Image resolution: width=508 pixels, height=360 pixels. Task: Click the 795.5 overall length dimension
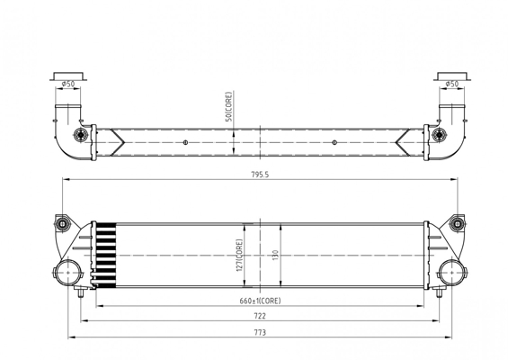point(260,175)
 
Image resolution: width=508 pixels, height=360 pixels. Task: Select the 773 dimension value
point(260,332)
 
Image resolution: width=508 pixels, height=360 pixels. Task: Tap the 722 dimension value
point(260,316)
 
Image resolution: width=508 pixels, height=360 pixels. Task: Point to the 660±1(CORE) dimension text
point(260,301)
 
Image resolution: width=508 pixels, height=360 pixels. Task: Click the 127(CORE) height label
point(240,256)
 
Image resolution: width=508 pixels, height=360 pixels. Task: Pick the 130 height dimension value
point(276,256)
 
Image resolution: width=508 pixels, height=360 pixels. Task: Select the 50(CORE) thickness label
point(228,107)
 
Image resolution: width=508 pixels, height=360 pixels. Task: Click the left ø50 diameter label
point(68,84)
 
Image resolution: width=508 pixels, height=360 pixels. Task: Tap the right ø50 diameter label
point(452,84)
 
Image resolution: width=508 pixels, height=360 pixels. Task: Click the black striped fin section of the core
point(106,256)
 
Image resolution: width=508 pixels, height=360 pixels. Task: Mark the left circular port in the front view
point(67,273)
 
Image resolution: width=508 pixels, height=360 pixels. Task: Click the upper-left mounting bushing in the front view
point(61,223)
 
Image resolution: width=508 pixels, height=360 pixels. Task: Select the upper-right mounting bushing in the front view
point(458,223)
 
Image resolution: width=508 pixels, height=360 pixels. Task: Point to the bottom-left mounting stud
point(81,292)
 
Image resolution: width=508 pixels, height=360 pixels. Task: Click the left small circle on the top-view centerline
point(185,142)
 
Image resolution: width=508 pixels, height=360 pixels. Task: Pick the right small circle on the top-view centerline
point(334,142)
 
